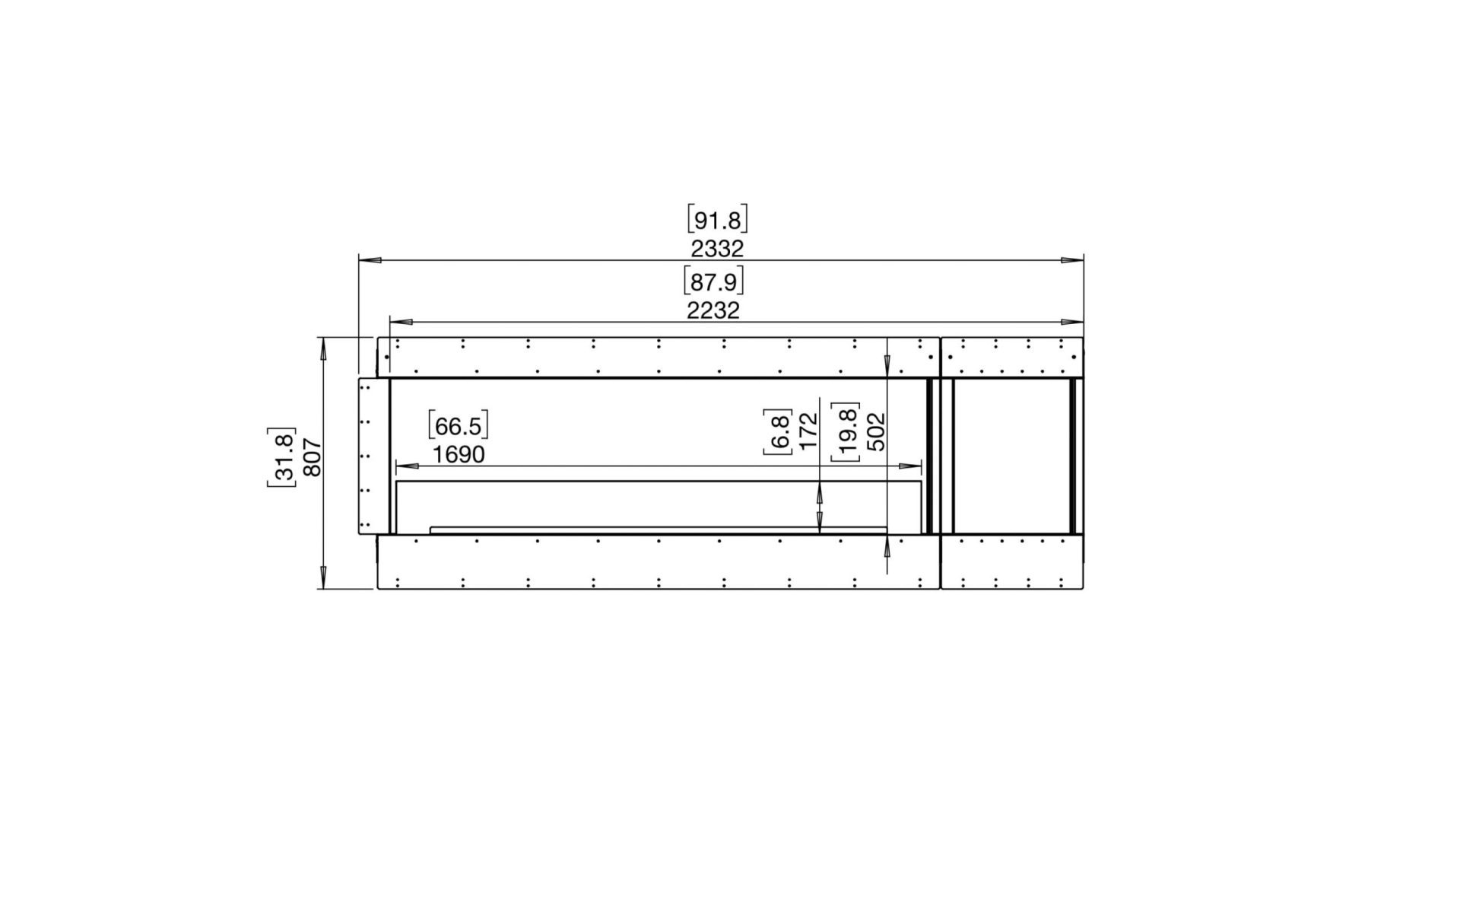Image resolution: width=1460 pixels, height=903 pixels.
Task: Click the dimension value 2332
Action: (x=716, y=248)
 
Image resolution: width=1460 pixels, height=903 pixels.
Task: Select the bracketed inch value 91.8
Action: (x=717, y=220)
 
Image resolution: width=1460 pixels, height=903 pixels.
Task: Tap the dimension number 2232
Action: (x=713, y=310)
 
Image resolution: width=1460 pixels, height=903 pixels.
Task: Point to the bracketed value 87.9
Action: (x=713, y=281)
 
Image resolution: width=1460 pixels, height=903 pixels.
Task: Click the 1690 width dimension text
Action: (x=459, y=455)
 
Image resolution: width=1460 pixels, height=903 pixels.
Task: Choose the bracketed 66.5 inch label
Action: (x=458, y=425)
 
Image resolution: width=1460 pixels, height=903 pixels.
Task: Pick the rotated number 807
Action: (x=313, y=457)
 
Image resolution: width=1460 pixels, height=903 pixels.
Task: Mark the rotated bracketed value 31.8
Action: (x=282, y=457)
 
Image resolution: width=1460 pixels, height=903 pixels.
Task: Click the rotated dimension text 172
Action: (x=808, y=431)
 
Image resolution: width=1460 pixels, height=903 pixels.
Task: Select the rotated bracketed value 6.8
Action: (x=779, y=431)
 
